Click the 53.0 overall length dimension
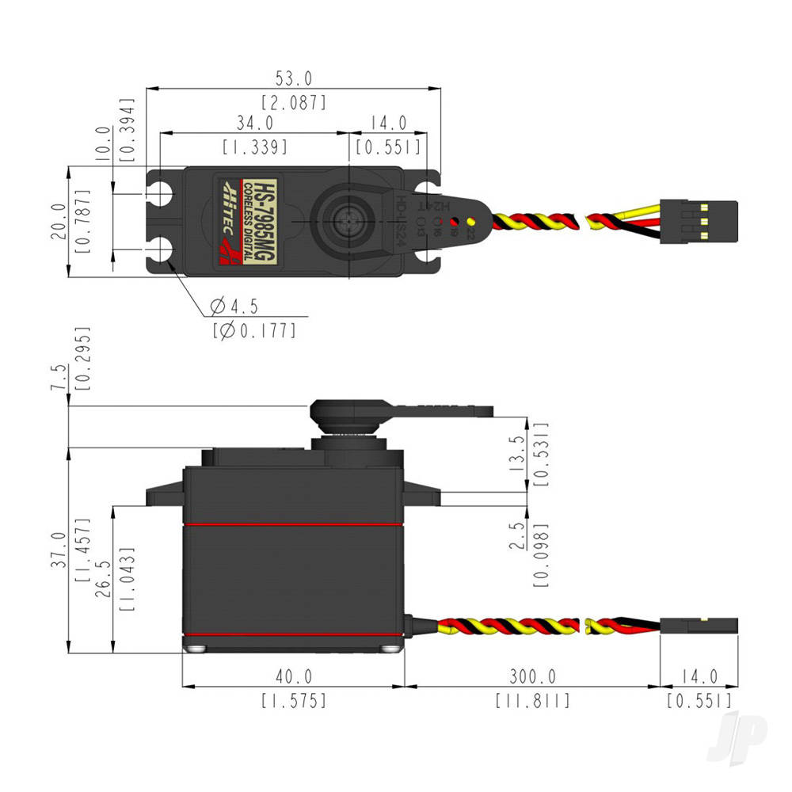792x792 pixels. pos(294,78)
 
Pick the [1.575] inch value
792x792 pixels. pos(294,701)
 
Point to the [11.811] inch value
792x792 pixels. pos(532,701)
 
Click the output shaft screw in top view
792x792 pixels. pos(348,221)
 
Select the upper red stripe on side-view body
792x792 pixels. pos(294,524)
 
